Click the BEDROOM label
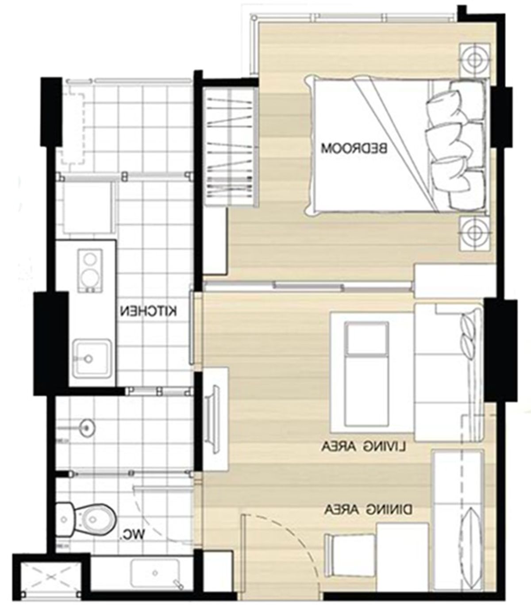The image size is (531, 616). [x=354, y=148]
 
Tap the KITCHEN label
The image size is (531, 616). [x=149, y=311]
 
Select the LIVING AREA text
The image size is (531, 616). [x=364, y=446]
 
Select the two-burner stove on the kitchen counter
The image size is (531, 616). [x=90, y=271]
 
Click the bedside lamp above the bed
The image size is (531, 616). [x=474, y=60]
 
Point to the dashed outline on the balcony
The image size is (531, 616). [x=73, y=128]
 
